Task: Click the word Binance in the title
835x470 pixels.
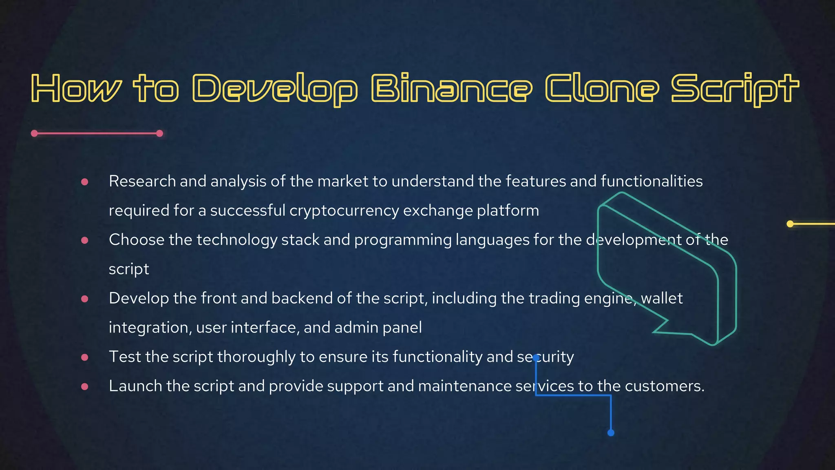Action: point(452,88)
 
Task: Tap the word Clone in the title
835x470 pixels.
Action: point(602,88)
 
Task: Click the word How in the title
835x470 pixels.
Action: point(76,88)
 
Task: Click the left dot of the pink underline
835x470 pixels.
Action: point(35,133)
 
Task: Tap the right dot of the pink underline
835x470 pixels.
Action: point(159,133)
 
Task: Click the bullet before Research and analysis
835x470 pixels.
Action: point(85,182)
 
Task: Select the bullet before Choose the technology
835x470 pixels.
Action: point(85,240)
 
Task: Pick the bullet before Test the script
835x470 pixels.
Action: point(85,357)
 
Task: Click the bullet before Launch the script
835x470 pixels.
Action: point(85,386)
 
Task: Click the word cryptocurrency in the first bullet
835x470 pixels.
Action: point(344,211)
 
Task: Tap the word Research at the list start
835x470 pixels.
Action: point(142,181)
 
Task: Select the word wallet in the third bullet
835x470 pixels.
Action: point(661,298)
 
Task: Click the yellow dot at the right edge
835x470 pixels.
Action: point(790,224)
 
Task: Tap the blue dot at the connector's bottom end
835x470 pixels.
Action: point(611,432)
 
